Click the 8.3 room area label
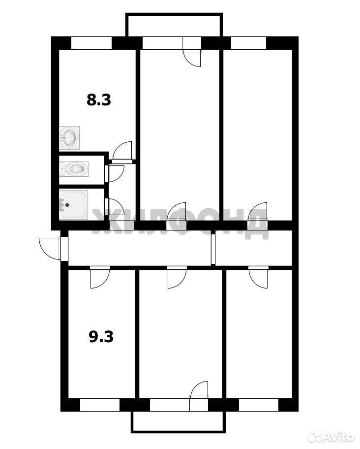coord(99,100)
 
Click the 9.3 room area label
coord(101,337)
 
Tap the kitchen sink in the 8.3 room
coord(69,138)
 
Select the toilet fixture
coord(74,169)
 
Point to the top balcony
coord(174,25)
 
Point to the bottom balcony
coord(178,422)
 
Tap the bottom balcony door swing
coord(199,390)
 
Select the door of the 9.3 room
coord(100,278)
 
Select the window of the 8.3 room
coord(91,43)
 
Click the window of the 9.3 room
coord(100,405)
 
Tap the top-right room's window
coord(248,43)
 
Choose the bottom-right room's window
coord(259,405)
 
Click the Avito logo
coord(331,437)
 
